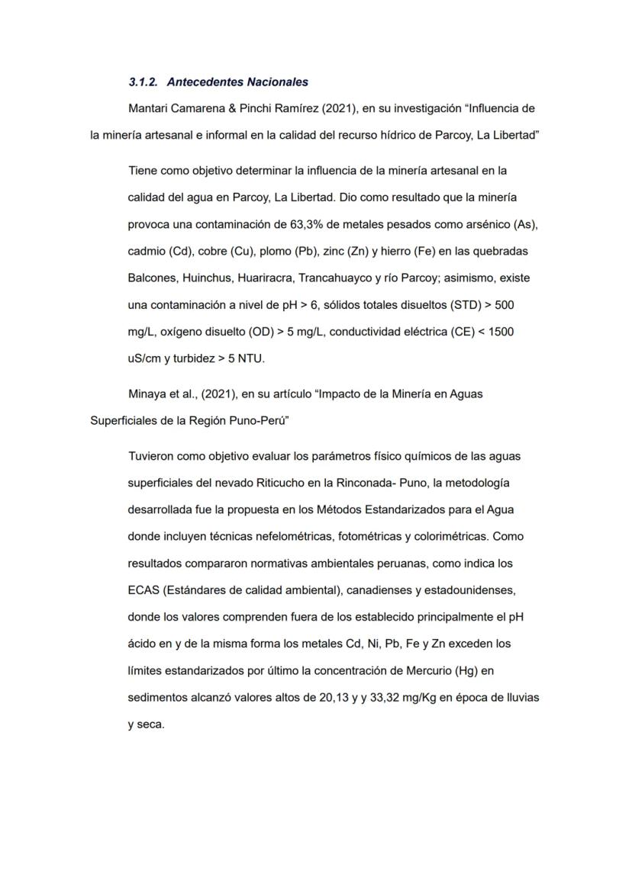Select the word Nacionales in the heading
[x=276, y=82]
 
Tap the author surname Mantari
[x=150, y=109]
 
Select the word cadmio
[x=147, y=251]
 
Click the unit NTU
[x=253, y=358]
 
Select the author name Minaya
[x=148, y=394]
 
